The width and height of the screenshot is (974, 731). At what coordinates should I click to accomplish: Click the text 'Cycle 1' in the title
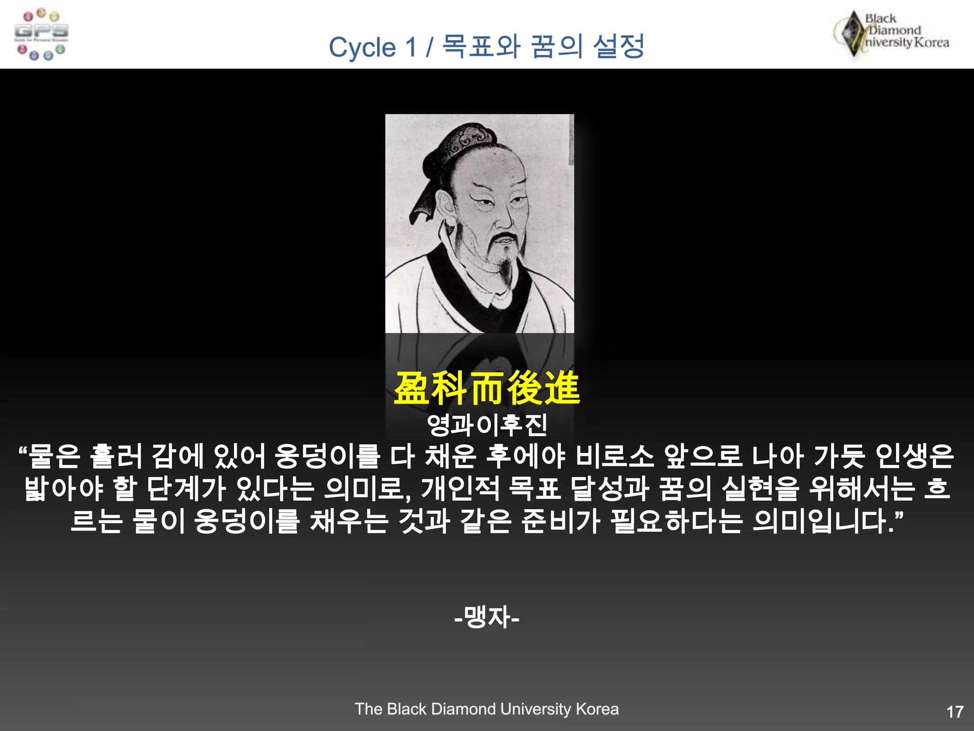373,48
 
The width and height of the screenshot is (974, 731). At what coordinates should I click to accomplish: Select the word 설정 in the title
619,47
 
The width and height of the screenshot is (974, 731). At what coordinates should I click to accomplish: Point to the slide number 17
955,712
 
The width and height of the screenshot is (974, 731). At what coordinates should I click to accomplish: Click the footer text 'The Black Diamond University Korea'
487,709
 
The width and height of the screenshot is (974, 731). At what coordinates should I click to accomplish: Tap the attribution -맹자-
487,617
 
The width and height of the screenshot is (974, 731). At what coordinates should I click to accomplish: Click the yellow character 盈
412,388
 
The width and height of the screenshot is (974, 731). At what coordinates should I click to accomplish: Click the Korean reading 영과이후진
487,425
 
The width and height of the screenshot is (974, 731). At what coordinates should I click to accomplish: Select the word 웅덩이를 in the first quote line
327,456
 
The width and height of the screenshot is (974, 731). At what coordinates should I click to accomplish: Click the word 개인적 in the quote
460,489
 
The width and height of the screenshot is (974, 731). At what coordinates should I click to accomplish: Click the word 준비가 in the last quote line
560,521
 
